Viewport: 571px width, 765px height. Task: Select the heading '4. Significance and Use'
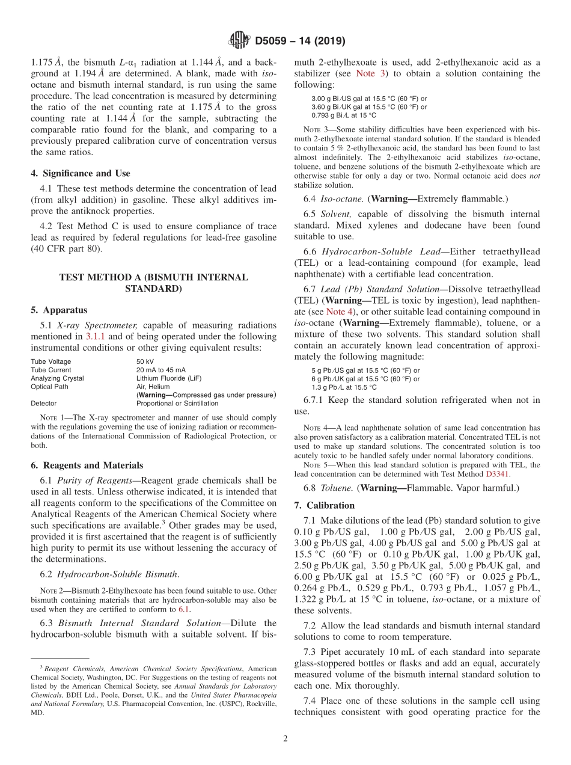[x=80, y=173]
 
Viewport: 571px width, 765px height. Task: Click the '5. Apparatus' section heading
[x=59, y=310]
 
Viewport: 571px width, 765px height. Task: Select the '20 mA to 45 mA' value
[x=160, y=370]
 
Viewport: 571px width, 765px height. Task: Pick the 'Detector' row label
[x=44, y=404]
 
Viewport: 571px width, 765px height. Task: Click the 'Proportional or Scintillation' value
[x=177, y=404]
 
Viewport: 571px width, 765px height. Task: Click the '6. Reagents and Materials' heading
[x=87, y=465]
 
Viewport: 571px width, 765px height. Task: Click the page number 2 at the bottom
[x=285, y=739]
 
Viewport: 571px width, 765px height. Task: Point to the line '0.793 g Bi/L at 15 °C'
[x=344, y=115]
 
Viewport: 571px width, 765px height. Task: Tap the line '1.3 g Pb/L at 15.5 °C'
[x=344, y=387]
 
